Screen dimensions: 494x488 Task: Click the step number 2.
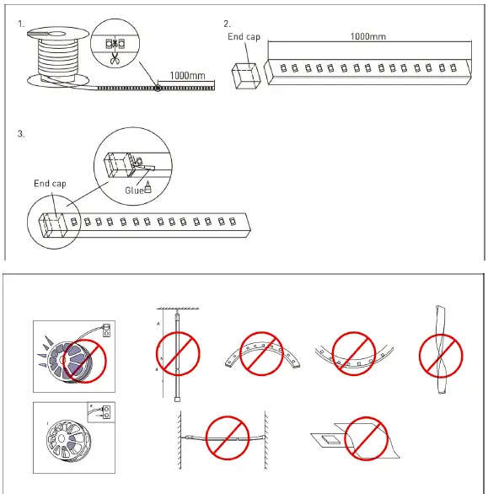pos(226,24)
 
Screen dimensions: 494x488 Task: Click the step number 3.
pos(21,134)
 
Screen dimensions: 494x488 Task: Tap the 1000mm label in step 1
pos(187,75)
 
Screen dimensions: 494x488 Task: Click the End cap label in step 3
pos(50,183)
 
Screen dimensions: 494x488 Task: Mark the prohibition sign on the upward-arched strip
pos(261,352)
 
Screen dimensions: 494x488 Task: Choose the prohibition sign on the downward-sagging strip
pos(352,352)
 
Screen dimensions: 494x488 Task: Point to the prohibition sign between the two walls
pos(226,435)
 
